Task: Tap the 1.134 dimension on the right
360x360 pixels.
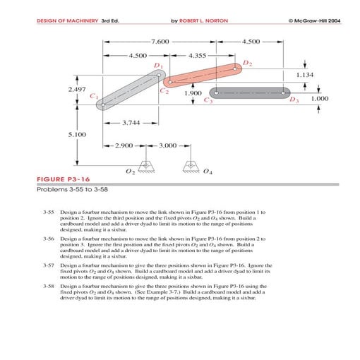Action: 305,74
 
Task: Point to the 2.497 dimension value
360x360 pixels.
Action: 77,90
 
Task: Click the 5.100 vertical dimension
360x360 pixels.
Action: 77,133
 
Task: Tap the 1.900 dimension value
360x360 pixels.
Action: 193,92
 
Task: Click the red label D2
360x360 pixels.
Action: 247,64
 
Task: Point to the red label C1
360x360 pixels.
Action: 93,95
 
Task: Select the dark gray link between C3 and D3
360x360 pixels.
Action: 251,92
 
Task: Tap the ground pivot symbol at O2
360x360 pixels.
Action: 145,167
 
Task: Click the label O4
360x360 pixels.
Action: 207,172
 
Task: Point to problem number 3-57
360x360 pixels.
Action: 49,264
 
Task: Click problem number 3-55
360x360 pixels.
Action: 49,212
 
